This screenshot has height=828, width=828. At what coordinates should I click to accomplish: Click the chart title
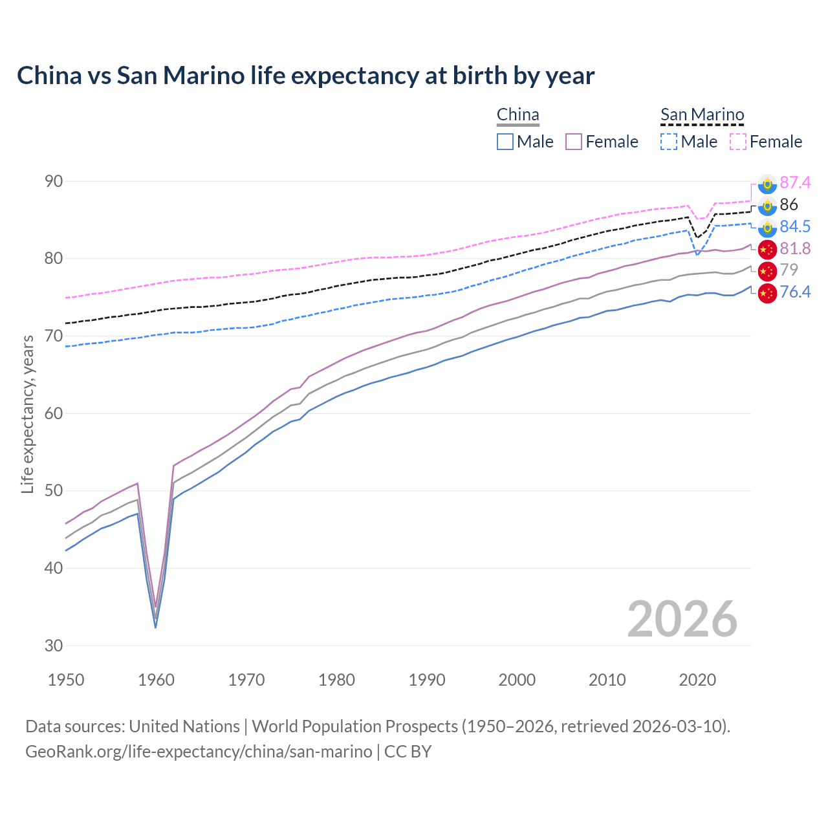305,76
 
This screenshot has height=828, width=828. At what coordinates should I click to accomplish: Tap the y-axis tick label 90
54,181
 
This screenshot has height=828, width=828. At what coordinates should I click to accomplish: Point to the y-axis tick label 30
54,646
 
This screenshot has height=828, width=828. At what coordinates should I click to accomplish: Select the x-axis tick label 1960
157,680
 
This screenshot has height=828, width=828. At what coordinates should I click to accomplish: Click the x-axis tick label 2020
698,680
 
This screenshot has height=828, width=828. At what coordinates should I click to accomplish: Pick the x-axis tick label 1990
427,680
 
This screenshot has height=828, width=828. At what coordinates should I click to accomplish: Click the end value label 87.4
795,183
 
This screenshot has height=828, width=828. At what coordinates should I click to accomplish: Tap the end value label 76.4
795,292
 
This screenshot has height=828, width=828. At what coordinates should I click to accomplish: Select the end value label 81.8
795,249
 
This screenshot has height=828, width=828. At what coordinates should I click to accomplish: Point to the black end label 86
789,205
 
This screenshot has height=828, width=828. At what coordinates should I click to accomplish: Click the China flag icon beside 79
767,270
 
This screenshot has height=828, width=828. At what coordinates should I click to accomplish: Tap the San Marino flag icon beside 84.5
767,227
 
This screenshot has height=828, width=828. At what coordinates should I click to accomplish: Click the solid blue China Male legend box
505,142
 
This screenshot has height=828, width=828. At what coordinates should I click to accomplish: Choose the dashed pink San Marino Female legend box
738,142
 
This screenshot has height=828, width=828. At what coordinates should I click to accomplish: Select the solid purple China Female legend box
574,142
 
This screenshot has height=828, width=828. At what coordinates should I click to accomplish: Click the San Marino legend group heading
702,115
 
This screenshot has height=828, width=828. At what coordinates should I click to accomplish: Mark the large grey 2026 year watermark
682,620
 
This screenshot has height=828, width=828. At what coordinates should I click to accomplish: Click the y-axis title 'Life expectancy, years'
28,414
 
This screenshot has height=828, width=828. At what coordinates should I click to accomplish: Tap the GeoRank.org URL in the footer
199,752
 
